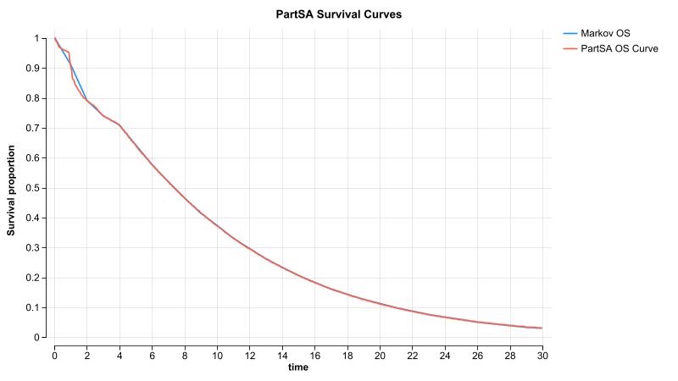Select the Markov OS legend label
(x=605, y=33)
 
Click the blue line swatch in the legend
(x=570, y=33)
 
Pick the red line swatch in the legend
(x=570, y=48)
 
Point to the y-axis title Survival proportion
(x=12, y=188)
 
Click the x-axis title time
(x=298, y=367)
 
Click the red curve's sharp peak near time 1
(x=69, y=52)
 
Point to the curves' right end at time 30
(x=542, y=328)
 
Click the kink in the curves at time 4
(x=119, y=124)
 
